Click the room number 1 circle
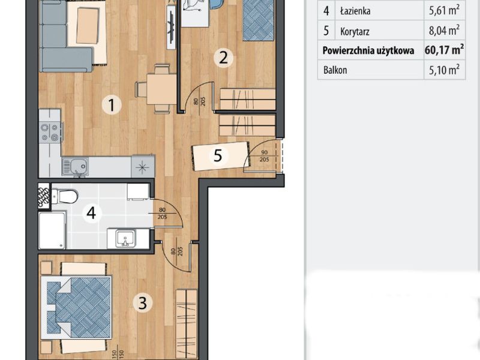[112, 104]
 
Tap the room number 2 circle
[223, 58]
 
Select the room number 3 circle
[143, 303]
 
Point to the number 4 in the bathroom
[91, 213]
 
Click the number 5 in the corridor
[218, 155]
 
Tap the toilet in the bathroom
[65, 196]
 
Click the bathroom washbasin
[125, 239]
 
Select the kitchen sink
[75, 167]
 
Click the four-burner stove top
[50, 132]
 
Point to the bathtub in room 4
[52, 230]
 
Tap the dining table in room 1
[161, 89]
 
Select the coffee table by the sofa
[88, 26]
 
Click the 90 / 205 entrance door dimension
[264, 156]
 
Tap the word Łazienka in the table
[355, 11]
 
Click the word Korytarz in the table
[355, 31]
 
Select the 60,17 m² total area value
[444, 49]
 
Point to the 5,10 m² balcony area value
[444, 70]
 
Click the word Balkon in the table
[335, 70]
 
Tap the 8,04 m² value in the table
[444, 31]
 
